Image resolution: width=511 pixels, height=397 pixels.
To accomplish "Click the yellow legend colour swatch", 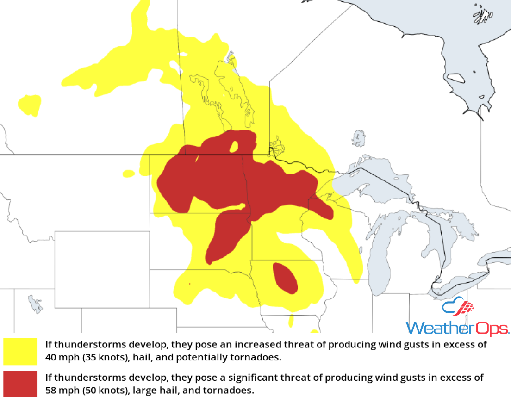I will coord(20,351).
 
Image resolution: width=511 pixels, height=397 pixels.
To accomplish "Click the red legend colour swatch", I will coord(20,384).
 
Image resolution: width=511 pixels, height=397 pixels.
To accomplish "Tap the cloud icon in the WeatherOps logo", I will coord(458,307).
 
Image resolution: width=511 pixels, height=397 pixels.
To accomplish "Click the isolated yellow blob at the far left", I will coord(30,105).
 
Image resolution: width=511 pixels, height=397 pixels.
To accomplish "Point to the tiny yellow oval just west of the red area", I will coord(128,174).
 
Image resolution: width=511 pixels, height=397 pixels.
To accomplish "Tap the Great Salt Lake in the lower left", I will coord(35,304).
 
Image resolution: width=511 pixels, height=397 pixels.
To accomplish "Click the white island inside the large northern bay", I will coord(456,78).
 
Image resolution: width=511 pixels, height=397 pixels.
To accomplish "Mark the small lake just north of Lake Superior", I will coord(358,138).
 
